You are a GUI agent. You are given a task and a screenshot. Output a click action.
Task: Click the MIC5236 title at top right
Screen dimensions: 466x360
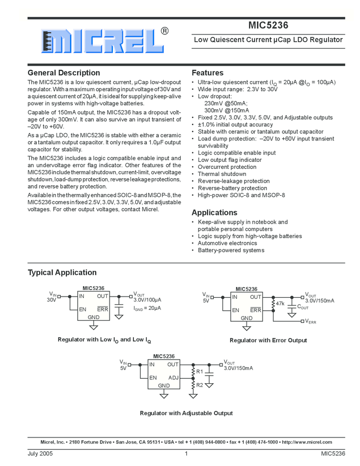[x=268, y=25]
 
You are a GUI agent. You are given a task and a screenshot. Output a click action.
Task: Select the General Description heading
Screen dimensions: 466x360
[x=64, y=73]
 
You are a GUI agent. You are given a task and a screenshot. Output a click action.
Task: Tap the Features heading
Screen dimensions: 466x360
[x=207, y=73]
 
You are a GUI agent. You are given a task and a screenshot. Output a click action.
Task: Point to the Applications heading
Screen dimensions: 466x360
[x=214, y=213]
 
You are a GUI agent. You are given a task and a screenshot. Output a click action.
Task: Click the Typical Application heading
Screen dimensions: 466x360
[x=62, y=272]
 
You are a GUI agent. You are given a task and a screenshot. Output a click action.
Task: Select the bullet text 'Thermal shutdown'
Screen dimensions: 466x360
[x=222, y=174]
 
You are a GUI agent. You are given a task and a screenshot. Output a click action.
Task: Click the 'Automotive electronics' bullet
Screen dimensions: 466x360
[x=227, y=243]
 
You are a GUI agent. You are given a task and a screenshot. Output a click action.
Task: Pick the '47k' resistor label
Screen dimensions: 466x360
[x=280, y=303]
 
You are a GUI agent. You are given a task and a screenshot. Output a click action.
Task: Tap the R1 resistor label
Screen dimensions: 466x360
[x=199, y=372]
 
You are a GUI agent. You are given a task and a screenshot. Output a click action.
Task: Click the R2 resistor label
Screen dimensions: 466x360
[x=199, y=385]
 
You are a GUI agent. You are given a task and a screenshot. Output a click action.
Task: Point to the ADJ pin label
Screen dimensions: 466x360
[x=173, y=377]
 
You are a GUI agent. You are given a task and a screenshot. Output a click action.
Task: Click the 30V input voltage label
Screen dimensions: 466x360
[x=52, y=300]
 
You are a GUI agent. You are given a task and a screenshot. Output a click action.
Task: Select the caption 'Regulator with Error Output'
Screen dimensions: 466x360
[x=268, y=340]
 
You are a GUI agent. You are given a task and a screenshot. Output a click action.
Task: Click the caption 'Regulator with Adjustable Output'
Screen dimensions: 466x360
[x=186, y=413]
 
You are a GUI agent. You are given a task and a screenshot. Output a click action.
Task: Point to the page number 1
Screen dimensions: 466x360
[x=186, y=453]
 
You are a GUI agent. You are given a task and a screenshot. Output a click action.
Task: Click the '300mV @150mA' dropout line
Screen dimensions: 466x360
[x=226, y=110]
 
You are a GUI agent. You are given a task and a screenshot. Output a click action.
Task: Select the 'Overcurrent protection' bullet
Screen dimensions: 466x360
[x=227, y=167]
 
